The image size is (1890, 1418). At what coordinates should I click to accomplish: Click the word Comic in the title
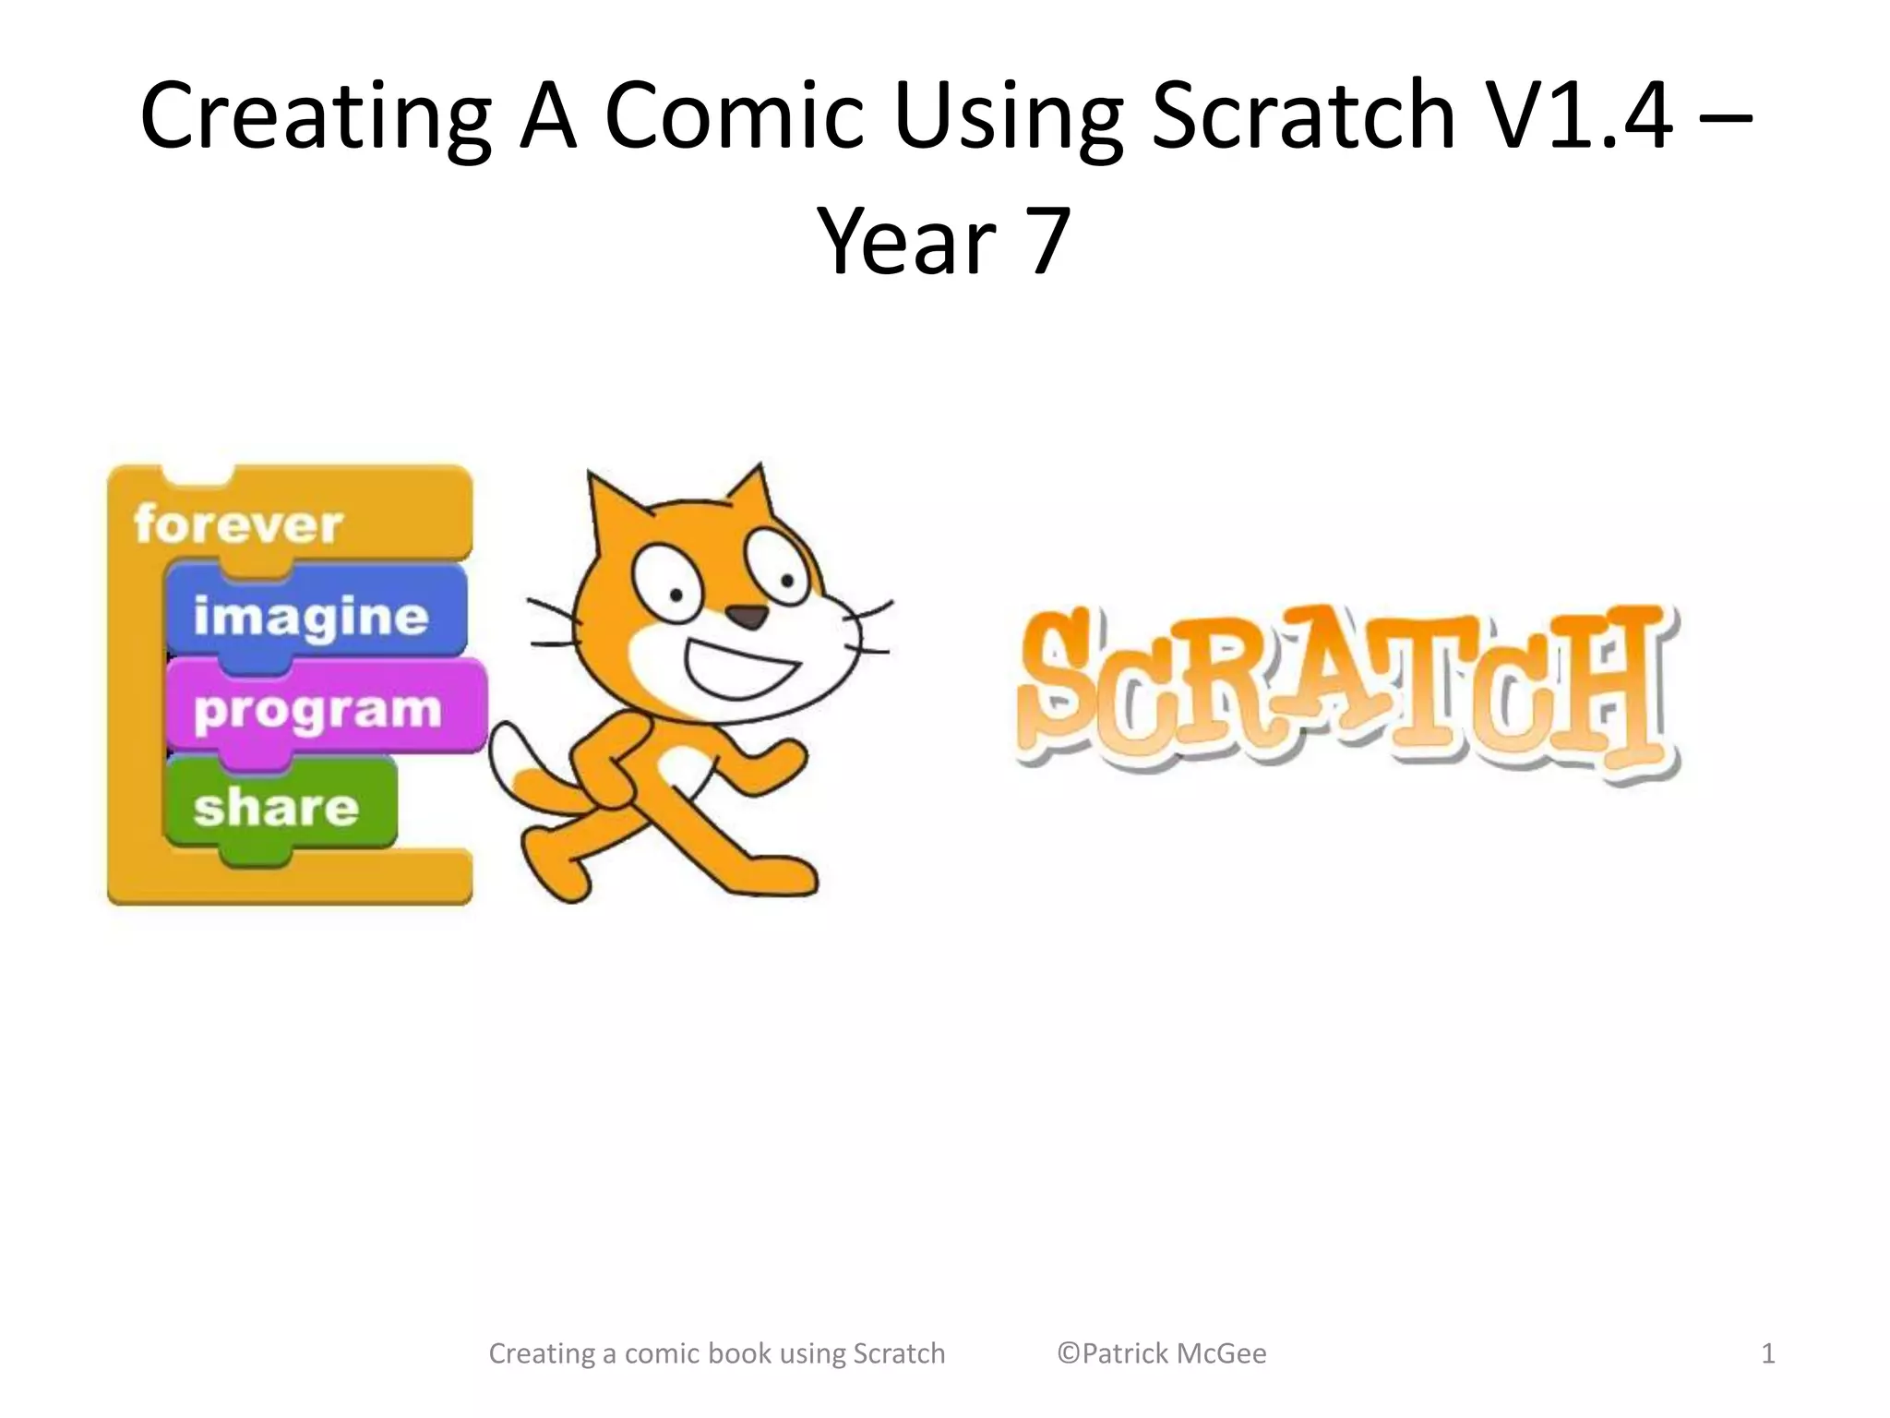tap(734, 115)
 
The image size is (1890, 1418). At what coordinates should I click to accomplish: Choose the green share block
tap(277, 807)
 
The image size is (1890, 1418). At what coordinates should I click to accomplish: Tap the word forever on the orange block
tap(238, 524)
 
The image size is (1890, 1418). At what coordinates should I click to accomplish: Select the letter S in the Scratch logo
tap(1061, 688)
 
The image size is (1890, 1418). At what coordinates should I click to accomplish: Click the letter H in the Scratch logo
tap(1610, 688)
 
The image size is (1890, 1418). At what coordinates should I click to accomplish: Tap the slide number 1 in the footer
tap(1768, 1353)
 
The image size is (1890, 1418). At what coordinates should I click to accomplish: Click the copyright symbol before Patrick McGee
tap(1068, 1353)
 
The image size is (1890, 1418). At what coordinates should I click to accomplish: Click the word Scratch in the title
tap(1303, 115)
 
